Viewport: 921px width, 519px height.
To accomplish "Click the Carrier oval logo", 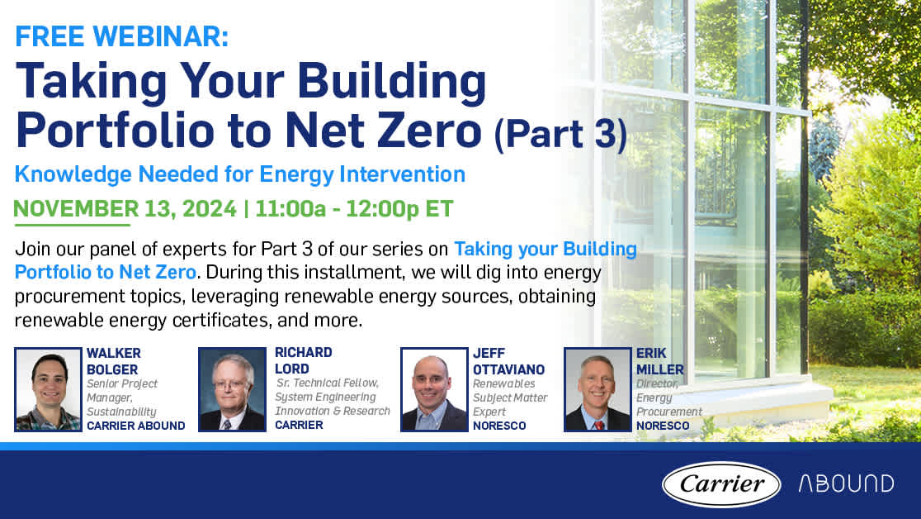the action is pyautogui.click(x=720, y=483).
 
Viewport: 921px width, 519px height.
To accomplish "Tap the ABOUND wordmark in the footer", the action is pyautogui.click(x=846, y=483).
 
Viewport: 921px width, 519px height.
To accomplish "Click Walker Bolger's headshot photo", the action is pyautogui.click(x=48, y=389).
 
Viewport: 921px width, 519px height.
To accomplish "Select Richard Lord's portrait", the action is pyautogui.click(x=232, y=389).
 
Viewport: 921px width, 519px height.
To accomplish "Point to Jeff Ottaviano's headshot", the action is pyautogui.click(x=434, y=389).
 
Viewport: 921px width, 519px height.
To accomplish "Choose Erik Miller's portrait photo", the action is pyautogui.click(x=597, y=389).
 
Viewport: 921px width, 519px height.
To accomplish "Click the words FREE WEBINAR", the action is pyautogui.click(x=121, y=36).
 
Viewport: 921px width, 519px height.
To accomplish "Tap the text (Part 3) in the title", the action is pyautogui.click(x=560, y=134).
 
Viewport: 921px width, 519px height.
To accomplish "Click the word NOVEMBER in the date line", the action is pyautogui.click(x=77, y=209).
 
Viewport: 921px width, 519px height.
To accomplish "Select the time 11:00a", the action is pyautogui.click(x=290, y=209).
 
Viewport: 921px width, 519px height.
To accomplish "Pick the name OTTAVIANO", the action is pyautogui.click(x=508, y=369).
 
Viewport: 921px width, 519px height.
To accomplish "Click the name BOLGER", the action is pyautogui.click(x=112, y=369).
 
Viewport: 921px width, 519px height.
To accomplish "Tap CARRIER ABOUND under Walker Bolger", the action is pyautogui.click(x=135, y=426).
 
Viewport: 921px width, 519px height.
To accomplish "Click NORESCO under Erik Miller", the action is pyautogui.click(x=663, y=426).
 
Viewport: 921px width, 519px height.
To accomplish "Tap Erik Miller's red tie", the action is pyautogui.click(x=598, y=425).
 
